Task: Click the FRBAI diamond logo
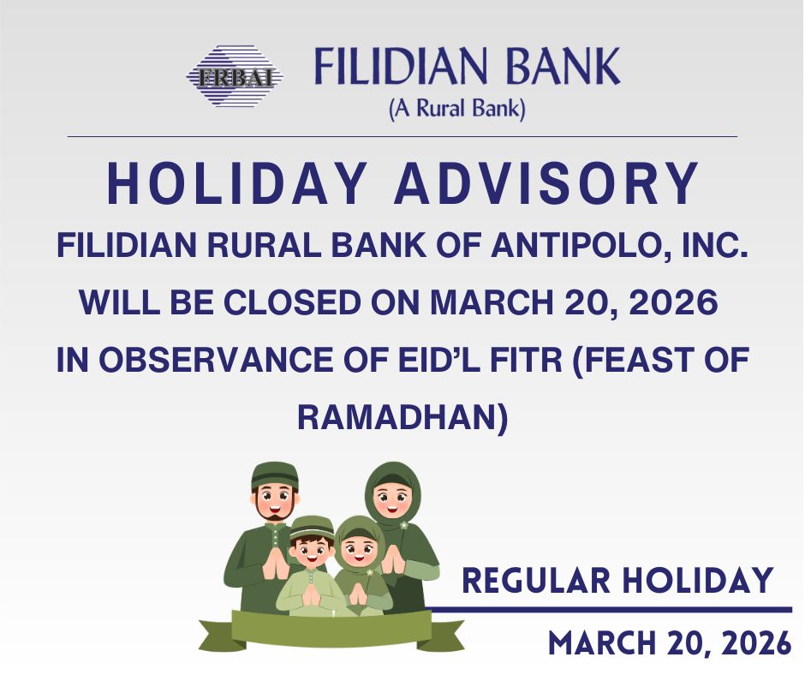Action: click(235, 76)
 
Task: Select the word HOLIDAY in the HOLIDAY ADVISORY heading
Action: click(236, 183)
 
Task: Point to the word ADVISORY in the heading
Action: click(546, 183)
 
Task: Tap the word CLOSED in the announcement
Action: click(292, 302)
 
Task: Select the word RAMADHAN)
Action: click(402, 417)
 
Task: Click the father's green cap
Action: click(275, 475)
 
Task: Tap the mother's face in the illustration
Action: click(392, 499)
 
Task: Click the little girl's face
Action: click(359, 553)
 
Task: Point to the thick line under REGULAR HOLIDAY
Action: click(608, 610)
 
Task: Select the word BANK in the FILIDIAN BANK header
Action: click(563, 66)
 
